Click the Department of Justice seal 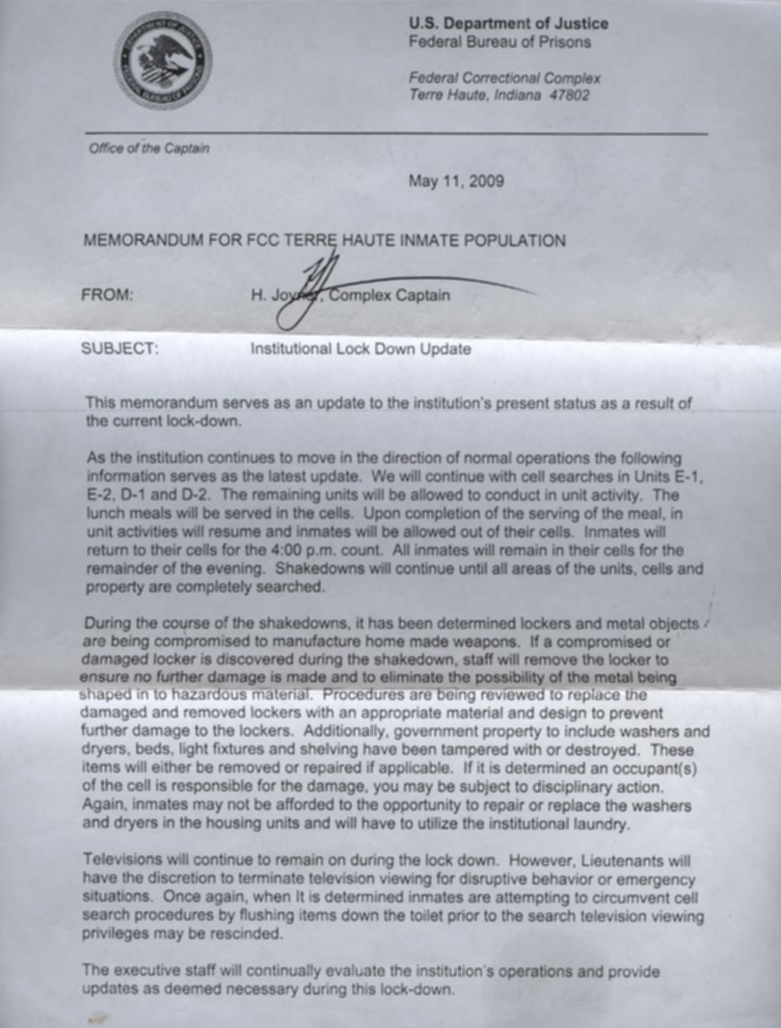(x=162, y=60)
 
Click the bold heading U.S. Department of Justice (x=508, y=24)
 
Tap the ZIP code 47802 (x=570, y=95)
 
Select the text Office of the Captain (x=148, y=149)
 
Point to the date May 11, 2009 (x=455, y=180)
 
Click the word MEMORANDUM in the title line (x=143, y=241)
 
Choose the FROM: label (x=108, y=296)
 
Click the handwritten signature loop (x=294, y=311)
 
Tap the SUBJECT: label (x=118, y=349)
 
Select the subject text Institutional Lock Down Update (x=361, y=349)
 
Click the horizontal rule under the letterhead (x=395, y=133)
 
